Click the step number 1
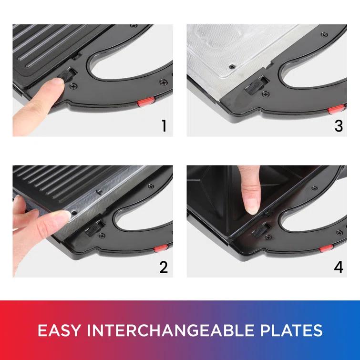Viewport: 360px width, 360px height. [x=164, y=126]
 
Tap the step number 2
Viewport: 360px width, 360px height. [x=164, y=267]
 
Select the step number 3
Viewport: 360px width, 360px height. [x=339, y=126]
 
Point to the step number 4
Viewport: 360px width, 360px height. [x=339, y=267]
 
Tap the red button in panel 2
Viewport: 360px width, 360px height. [x=161, y=248]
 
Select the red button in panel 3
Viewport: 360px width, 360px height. [x=336, y=109]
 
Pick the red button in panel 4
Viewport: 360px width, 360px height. [x=326, y=248]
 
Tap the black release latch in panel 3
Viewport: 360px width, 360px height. [x=254, y=86]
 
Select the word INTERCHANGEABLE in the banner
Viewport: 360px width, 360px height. [x=170, y=330]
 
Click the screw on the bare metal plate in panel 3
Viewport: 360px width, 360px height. [x=232, y=67]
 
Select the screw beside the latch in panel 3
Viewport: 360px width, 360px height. [x=266, y=93]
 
